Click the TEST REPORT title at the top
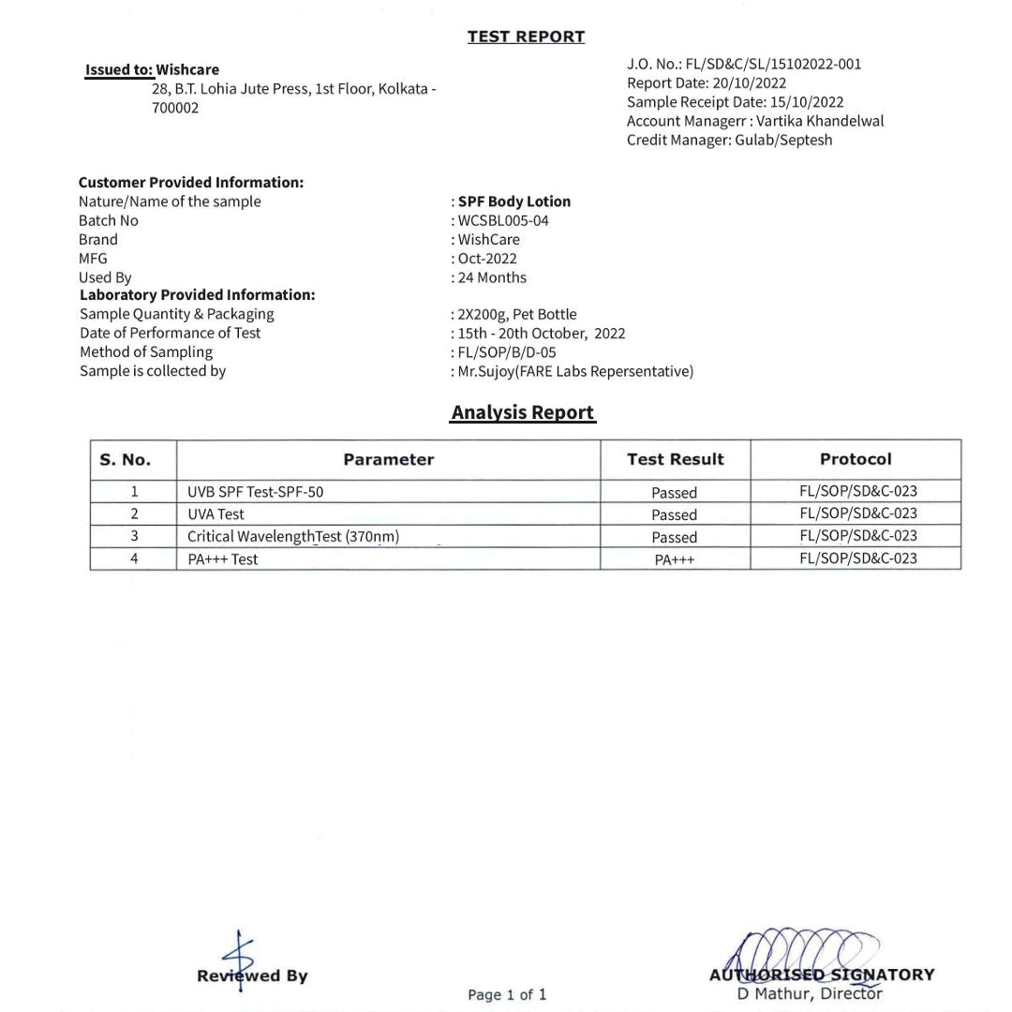coord(526,37)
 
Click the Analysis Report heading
coord(523,412)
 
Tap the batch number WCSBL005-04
coord(503,221)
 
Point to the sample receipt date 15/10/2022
coord(806,102)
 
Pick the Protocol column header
coord(856,459)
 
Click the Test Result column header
coord(675,459)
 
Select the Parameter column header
coord(388,459)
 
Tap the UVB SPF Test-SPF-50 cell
coord(256,492)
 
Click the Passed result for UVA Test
coord(675,514)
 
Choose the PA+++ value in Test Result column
coord(675,559)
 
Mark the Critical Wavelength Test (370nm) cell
coord(293,537)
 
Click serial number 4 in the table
coord(134,558)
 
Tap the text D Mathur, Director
coord(810,994)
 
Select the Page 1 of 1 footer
coord(507,994)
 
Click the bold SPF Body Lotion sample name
coord(514,201)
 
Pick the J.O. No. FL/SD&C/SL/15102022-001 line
coord(744,65)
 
